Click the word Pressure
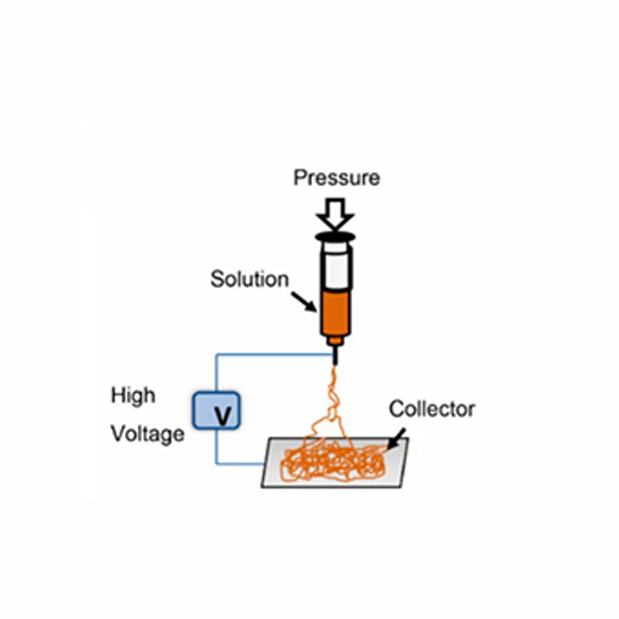337,178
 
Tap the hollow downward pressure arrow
335,213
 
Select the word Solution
249,279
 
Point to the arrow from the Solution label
304,302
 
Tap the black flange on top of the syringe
335,237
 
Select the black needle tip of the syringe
336,355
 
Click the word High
133,396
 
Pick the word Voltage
148,434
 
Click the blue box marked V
216,411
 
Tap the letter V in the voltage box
223,416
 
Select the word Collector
432,409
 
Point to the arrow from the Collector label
395,439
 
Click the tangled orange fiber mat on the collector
333,460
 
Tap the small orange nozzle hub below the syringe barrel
335,341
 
